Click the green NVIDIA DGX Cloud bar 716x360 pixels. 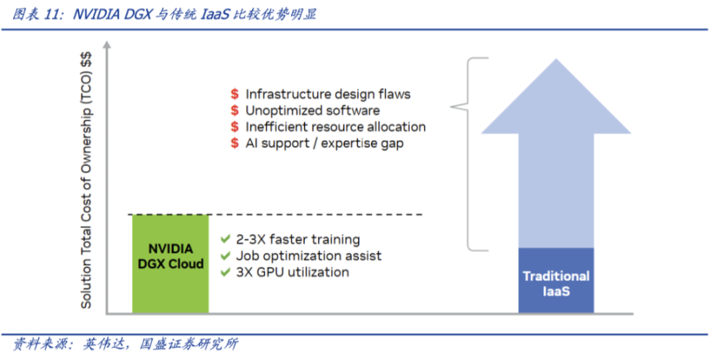pos(170,264)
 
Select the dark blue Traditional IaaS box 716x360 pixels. pos(556,280)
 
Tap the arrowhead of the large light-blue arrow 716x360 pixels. pos(557,96)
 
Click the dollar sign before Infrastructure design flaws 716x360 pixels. pos(234,94)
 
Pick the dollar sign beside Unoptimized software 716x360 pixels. pos(234,110)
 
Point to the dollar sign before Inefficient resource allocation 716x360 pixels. pos(234,127)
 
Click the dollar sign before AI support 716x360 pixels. pos(234,143)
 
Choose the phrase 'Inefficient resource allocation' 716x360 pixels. pos(335,127)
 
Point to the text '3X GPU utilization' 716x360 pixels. pos(292,272)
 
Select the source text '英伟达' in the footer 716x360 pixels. pos(100,343)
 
